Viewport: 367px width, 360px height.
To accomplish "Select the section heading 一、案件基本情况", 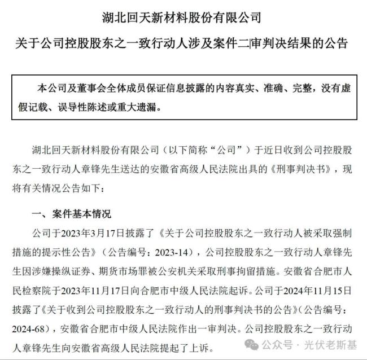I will point(70,214).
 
